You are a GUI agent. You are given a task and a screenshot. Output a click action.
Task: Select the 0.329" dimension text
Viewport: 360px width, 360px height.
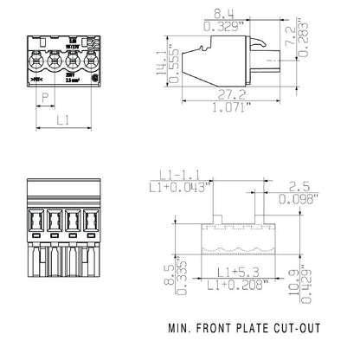[232, 28]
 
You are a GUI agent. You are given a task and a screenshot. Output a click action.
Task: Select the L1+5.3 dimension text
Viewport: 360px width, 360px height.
[235, 272]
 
